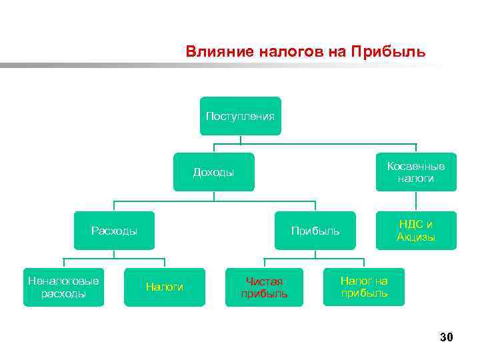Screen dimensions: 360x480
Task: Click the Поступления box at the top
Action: pos(240,116)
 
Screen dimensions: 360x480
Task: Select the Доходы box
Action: pos(213,172)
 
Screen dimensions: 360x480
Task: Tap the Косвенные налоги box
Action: pos(416,172)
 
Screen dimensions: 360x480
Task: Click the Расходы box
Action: pos(114,231)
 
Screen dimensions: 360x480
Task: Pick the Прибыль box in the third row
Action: pos(315,231)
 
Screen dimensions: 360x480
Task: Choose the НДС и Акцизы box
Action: pos(416,231)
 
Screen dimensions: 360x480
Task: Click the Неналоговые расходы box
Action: pos(63,287)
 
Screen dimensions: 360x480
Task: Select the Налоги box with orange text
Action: pos(165,287)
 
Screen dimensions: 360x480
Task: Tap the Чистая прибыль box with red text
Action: pos(264,287)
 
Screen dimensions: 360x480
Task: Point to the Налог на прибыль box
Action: pos(364,287)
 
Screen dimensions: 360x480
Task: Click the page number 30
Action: pos(446,338)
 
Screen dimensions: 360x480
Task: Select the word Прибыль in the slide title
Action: pos(393,51)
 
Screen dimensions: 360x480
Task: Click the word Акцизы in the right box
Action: pos(416,237)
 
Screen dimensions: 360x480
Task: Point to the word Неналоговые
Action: pos(63,281)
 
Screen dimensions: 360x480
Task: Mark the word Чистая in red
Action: pos(265,281)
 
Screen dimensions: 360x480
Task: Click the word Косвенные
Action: pos(416,166)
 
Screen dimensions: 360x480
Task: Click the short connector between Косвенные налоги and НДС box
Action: pos(416,201)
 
